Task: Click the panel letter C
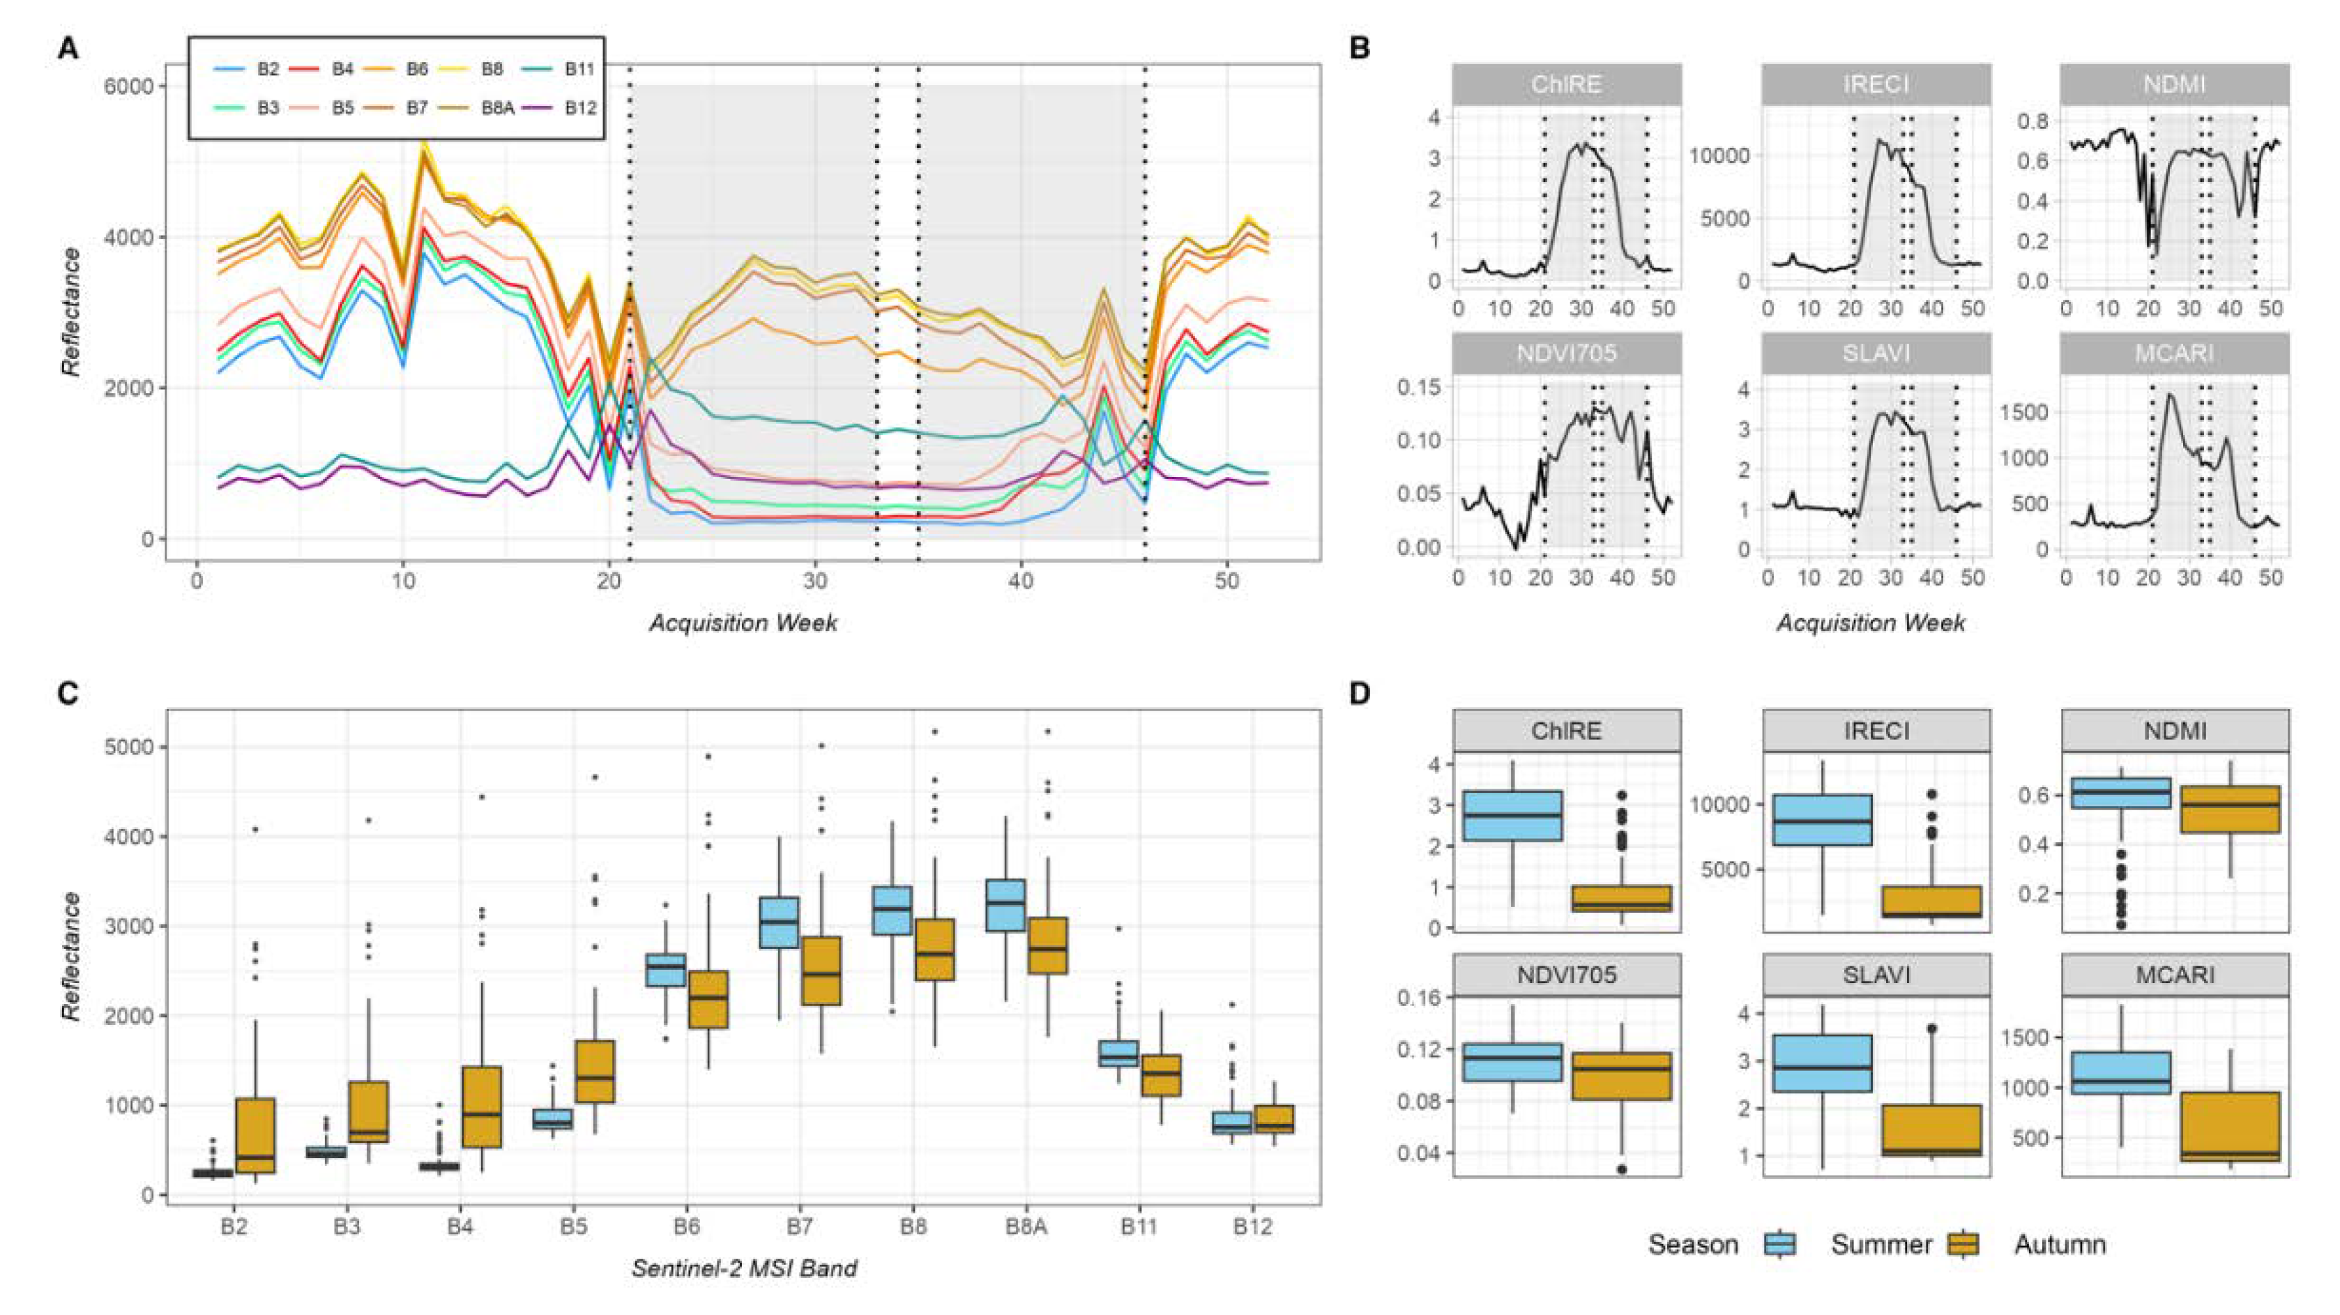coord(68,694)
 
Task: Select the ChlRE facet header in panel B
coord(1566,84)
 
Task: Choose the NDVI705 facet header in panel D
coord(1566,975)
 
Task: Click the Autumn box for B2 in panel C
coord(255,1135)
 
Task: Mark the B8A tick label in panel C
coord(1026,1227)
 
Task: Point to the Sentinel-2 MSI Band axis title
coord(744,1268)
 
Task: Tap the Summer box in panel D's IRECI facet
coord(1821,820)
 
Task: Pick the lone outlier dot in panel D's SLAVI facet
coord(1931,1029)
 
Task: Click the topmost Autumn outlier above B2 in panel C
coord(255,829)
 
